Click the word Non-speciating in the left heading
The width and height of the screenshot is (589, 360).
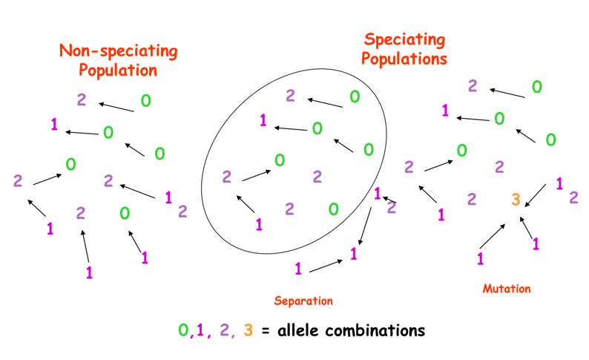pos(118,51)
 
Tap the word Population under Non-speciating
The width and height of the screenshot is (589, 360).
pos(118,71)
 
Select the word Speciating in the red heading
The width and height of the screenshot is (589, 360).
pos(404,39)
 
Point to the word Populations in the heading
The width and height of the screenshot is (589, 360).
pos(404,58)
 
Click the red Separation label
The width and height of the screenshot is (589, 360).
pos(303,301)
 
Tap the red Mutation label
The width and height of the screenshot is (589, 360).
pos(507,288)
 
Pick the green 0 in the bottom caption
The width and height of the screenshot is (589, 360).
pos(182,330)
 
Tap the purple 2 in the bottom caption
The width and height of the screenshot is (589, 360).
pos(222,330)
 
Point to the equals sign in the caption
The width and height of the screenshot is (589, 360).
pos(264,330)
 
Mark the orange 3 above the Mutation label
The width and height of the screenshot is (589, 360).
pos(516,199)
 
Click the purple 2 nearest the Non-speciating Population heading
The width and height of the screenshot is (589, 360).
pos(82,99)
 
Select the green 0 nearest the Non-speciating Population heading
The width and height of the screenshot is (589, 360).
pos(146,101)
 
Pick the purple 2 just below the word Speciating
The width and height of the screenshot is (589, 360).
pos(291,95)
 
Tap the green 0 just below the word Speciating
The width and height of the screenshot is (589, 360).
pos(355,96)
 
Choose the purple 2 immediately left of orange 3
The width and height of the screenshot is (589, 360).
pos(472,199)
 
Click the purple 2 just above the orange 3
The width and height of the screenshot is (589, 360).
pos(499,166)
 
